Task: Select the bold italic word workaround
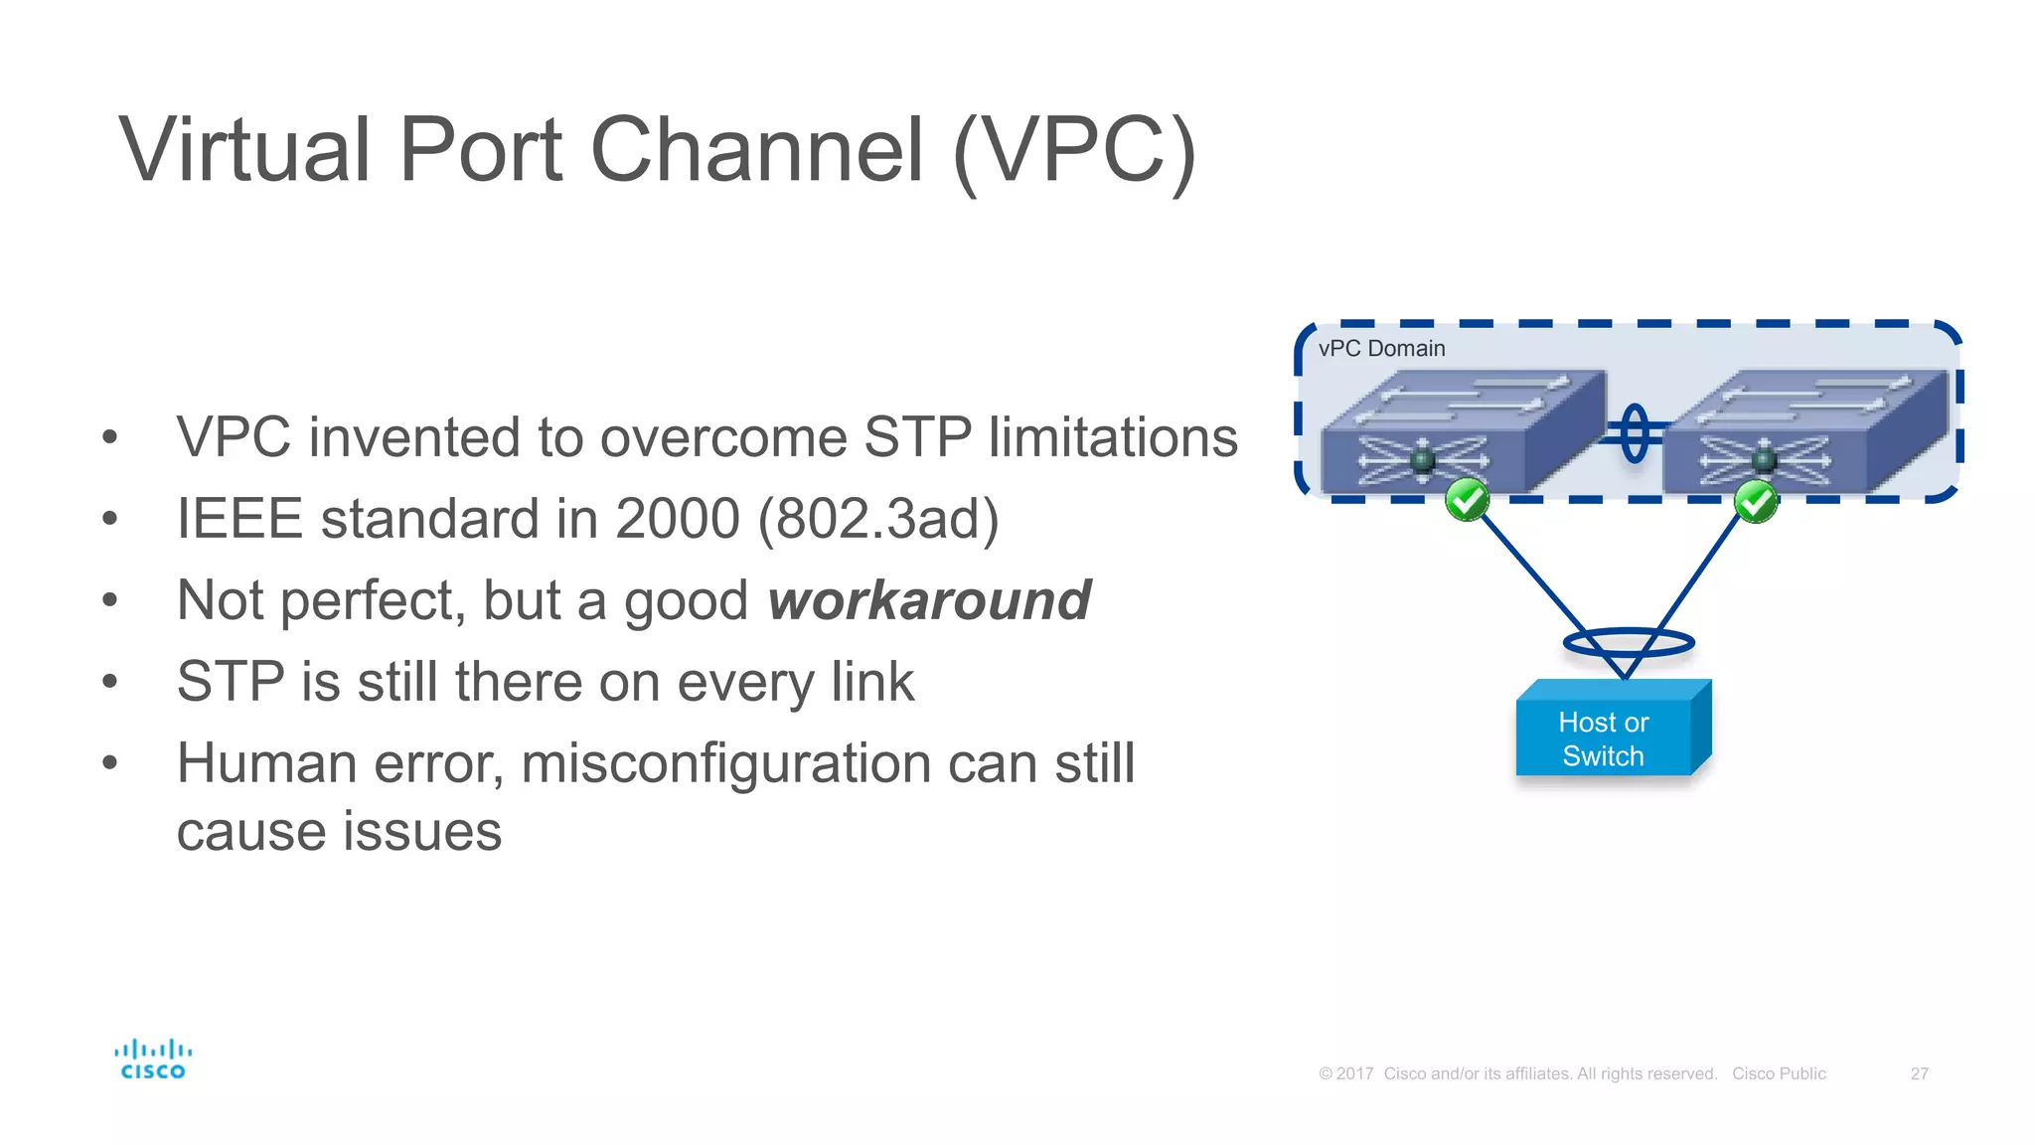[x=929, y=600]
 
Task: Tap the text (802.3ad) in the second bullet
[x=878, y=519]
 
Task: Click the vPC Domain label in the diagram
[x=1381, y=349]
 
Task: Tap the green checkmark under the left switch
[x=1467, y=500]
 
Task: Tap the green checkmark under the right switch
[x=1756, y=502]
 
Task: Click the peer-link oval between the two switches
[x=1635, y=433]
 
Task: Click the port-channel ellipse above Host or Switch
[x=1628, y=643]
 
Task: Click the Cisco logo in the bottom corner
[x=153, y=1060]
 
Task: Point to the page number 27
[x=1919, y=1073]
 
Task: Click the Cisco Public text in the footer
[x=1779, y=1073]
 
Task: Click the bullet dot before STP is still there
[x=109, y=682]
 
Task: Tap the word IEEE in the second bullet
[x=238, y=519]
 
